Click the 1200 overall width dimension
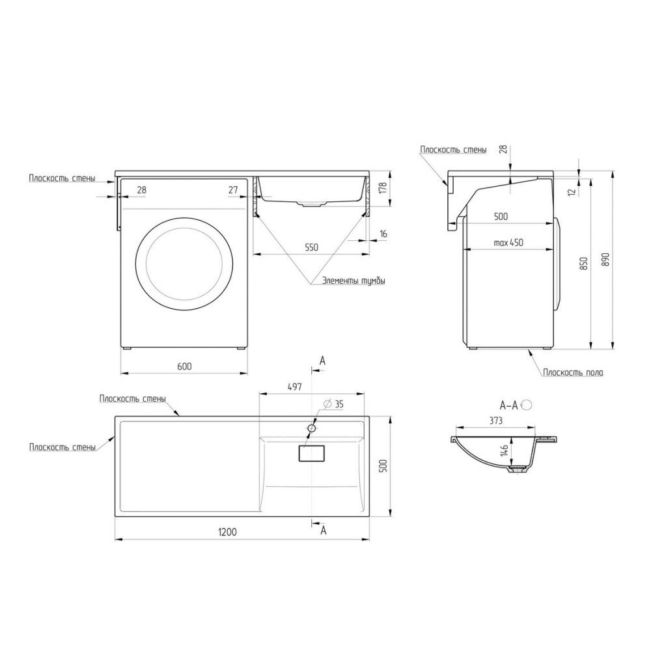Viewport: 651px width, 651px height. pos(227,531)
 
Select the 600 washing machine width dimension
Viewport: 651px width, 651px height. pos(184,367)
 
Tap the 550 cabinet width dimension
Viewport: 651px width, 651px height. pos(311,247)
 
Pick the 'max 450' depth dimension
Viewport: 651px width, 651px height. pos(508,242)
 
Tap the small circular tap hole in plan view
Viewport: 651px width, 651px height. pos(312,428)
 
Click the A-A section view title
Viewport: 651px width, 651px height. pos(508,405)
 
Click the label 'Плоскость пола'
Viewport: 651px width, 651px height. pos(573,372)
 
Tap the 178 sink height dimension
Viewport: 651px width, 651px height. pos(382,189)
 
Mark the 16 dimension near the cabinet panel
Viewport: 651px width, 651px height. pos(383,232)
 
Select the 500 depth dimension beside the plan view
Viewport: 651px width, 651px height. pos(383,466)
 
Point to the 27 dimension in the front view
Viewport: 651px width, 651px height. pos(232,189)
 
